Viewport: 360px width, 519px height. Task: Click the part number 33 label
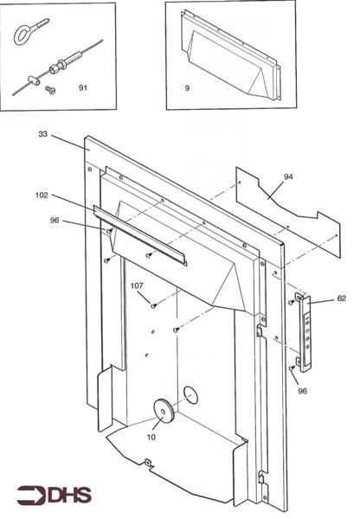point(43,135)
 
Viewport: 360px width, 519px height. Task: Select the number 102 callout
point(42,195)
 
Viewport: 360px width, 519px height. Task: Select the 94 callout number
point(288,176)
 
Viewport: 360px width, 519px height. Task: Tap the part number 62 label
point(341,298)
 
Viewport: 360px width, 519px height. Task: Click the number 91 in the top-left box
point(84,87)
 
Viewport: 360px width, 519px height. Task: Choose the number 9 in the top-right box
point(187,88)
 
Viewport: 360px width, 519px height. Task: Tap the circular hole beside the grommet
point(190,396)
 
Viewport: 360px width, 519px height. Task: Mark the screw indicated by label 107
point(153,304)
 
